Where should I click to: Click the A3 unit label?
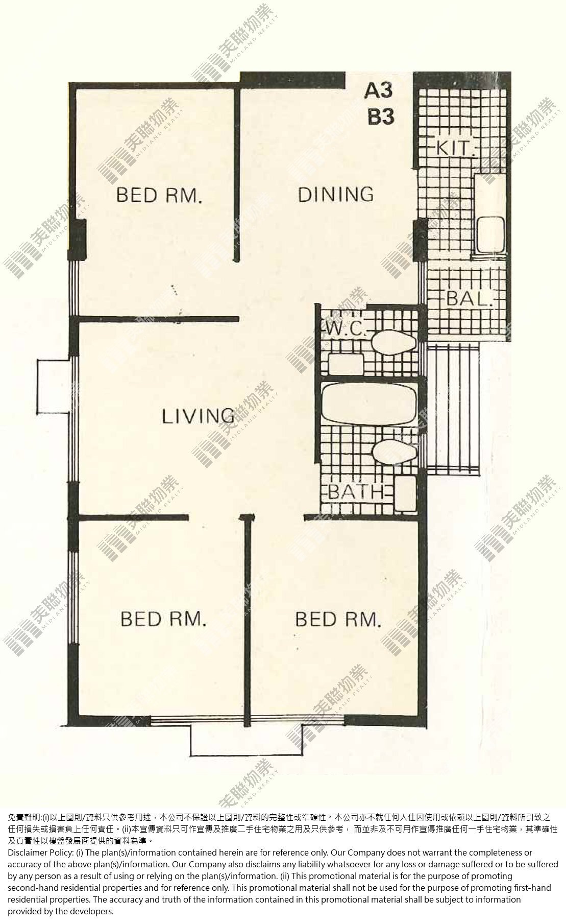tap(378, 90)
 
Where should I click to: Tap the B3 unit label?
tap(381, 117)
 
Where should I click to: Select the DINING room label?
tap(336, 195)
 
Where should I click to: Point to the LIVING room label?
tap(199, 416)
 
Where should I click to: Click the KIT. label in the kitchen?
tap(456, 148)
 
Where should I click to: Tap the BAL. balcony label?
tap(470, 298)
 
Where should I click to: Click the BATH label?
tap(355, 492)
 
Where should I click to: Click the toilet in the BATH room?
tap(391, 452)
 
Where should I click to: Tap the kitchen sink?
tap(490, 234)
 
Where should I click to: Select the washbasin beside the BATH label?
tap(405, 493)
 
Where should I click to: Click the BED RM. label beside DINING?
tap(160, 195)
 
